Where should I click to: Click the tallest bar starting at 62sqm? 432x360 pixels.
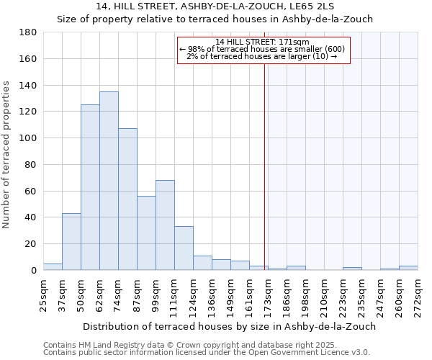(109, 181)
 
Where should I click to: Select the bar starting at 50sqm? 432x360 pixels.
(90, 187)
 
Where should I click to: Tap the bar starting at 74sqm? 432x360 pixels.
(127, 199)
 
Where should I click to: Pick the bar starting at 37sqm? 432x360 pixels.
(71, 242)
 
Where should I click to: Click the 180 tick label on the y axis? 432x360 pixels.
(29, 32)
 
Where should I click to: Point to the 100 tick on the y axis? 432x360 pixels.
(29, 138)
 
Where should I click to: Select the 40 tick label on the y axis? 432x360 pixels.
(32, 217)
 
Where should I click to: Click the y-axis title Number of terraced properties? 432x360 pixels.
(6, 155)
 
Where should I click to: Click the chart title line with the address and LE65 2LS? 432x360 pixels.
(215, 6)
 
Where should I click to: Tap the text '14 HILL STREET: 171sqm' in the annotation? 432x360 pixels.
(262, 42)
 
